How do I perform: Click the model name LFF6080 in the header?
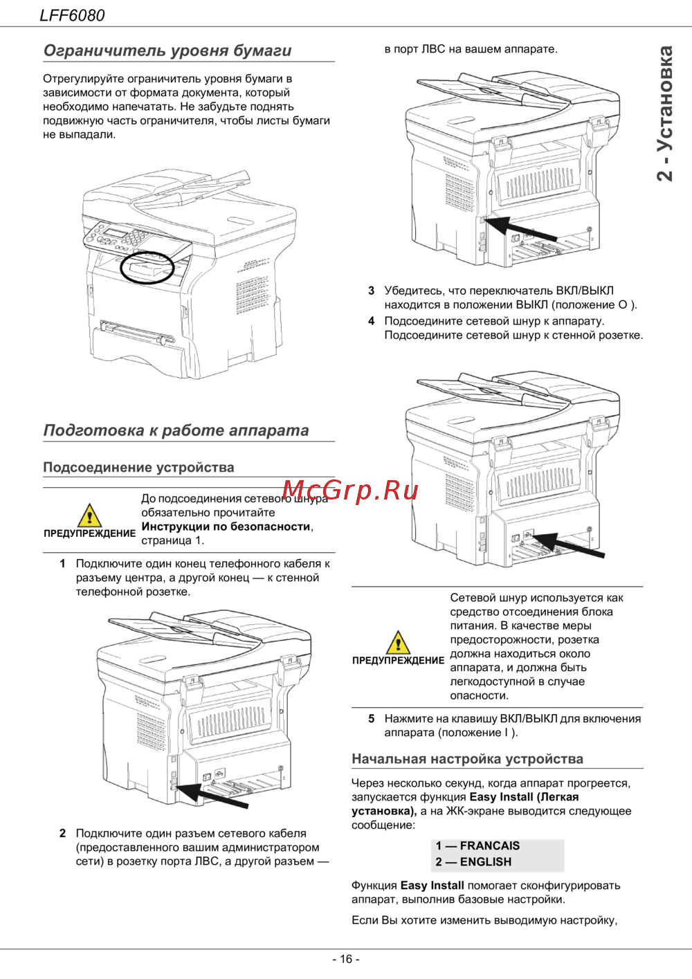(72, 15)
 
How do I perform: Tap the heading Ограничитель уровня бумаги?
(167, 51)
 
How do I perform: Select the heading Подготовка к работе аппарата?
(176, 430)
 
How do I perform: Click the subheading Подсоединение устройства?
(138, 467)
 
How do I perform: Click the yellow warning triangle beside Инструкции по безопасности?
(90, 515)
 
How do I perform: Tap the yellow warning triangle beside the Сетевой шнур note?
(398, 642)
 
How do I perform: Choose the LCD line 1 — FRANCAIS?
(477, 845)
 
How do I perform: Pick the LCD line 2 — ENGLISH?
(473, 862)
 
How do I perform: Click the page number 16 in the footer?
(346, 959)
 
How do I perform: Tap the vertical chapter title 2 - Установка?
(664, 113)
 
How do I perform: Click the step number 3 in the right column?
(371, 291)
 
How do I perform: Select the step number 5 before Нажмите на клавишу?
(371, 719)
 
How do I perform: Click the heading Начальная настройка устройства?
(467, 759)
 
